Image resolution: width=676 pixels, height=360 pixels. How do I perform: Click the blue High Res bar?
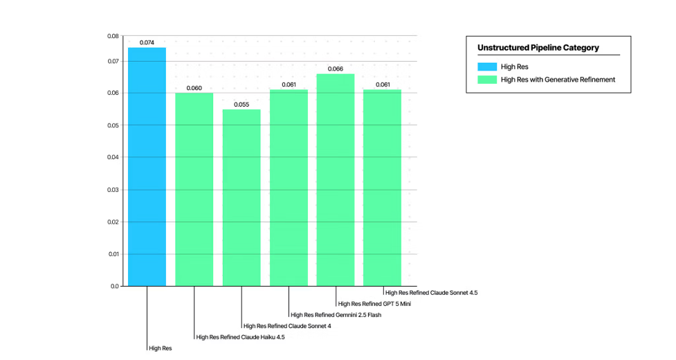[x=147, y=167]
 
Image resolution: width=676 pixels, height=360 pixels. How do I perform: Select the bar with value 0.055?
[x=241, y=197]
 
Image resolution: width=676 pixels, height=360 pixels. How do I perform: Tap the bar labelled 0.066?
[x=336, y=180]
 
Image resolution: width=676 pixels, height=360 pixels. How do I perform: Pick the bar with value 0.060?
[x=194, y=189]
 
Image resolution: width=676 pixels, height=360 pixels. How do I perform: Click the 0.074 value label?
[x=147, y=43]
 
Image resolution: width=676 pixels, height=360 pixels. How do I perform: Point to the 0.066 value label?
[x=336, y=69]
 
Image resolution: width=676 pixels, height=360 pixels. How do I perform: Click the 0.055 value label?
[x=241, y=105]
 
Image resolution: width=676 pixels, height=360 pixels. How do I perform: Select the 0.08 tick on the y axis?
[x=113, y=36]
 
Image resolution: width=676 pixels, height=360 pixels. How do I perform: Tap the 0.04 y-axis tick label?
[x=113, y=157]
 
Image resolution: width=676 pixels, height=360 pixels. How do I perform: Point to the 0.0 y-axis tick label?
[x=115, y=287]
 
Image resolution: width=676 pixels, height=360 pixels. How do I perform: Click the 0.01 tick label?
[x=113, y=254]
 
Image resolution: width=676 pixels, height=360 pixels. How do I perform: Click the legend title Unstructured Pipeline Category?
[x=538, y=48]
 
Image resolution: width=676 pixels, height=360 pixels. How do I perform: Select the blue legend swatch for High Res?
[x=487, y=67]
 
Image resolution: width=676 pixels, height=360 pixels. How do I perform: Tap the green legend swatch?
[x=487, y=80]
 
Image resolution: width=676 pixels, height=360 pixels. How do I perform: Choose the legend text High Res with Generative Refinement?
[x=558, y=80]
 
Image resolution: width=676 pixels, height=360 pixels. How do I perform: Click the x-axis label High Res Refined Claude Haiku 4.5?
[x=241, y=337]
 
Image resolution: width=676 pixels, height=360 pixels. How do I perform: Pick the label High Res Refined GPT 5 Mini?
[x=374, y=304]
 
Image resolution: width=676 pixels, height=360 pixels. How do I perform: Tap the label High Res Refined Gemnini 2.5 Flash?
[x=336, y=315]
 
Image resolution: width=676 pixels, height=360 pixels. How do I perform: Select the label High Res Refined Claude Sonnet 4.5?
[x=432, y=293]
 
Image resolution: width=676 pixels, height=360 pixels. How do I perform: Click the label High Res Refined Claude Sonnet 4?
[x=287, y=326]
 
